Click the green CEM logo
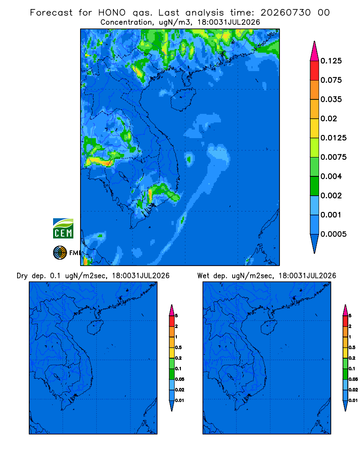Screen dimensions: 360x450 (63, 228)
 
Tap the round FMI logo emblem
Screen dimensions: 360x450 (60, 252)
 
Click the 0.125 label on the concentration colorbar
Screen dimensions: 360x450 (331, 61)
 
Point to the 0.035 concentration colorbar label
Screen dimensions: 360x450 (331, 99)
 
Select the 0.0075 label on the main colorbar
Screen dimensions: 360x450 (333, 157)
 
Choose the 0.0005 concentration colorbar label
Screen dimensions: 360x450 (333, 234)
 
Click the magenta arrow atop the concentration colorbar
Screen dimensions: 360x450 (315, 51)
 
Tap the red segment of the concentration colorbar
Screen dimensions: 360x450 (315, 71)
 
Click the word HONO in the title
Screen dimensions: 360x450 (112, 13)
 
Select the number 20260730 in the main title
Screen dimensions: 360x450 (285, 13)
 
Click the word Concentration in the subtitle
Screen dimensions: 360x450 (126, 22)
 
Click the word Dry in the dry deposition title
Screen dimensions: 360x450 (22, 276)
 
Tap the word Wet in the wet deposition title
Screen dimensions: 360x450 (203, 276)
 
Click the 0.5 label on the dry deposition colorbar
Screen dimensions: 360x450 (178, 347)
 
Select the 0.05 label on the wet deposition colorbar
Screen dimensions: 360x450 (353, 379)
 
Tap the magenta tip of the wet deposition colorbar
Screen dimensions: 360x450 (345, 310)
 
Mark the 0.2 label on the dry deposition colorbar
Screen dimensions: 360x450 (178, 358)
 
